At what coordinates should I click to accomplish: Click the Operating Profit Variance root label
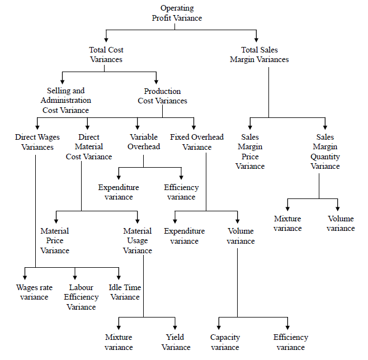(177, 13)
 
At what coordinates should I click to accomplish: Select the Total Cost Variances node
(106, 55)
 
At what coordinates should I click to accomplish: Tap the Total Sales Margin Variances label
(259, 55)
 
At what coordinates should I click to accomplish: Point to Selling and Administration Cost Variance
(66, 100)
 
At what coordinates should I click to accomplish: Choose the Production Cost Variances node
(162, 96)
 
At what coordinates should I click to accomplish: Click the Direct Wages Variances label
(37, 142)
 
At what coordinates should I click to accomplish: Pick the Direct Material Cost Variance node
(89, 147)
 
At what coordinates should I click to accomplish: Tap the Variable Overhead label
(144, 142)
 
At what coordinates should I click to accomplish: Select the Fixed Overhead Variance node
(197, 142)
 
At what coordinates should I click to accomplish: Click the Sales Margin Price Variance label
(250, 151)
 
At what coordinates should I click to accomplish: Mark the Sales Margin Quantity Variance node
(325, 151)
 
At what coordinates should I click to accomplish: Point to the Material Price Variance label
(55, 240)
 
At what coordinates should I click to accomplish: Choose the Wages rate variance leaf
(34, 292)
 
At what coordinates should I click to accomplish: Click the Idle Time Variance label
(125, 292)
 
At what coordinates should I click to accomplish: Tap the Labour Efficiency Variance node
(81, 297)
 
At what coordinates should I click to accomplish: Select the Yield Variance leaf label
(176, 342)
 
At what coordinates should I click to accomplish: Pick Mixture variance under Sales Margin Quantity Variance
(287, 224)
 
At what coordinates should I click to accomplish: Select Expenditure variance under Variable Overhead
(119, 192)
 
